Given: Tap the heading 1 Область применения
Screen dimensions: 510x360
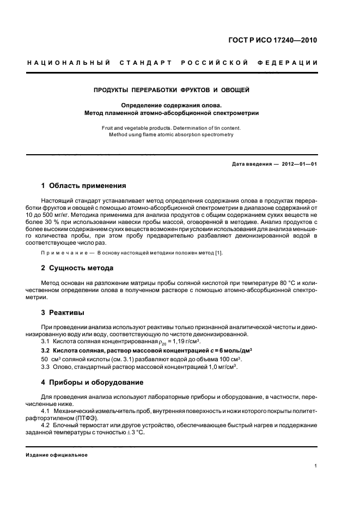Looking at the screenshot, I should (84, 185).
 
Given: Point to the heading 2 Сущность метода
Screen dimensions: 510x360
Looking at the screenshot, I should (77, 268).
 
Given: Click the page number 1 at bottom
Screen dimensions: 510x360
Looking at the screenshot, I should (316, 466).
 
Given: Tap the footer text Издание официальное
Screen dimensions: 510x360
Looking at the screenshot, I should (57, 454).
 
